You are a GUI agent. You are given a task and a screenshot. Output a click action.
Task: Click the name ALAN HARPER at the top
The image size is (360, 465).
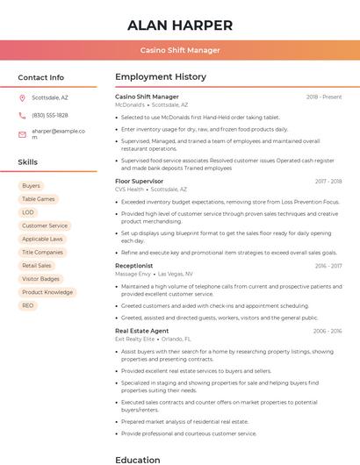click(x=180, y=25)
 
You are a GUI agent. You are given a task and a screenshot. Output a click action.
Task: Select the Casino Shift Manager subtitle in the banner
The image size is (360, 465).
click(x=180, y=50)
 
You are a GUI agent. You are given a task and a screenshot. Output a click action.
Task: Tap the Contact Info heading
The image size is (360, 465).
click(x=40, y=77)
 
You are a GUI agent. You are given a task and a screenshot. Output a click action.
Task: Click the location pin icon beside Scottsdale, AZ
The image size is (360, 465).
click(x=22, y=98)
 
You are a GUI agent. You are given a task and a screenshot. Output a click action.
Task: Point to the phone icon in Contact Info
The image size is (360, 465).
click(x=22, y=115)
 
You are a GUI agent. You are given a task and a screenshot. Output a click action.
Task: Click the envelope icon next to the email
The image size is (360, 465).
click(x=22, y=134)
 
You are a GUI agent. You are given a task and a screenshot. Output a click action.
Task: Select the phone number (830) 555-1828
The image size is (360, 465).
click(x=50, y=115)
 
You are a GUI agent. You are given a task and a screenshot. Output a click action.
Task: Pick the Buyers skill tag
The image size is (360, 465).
click(x=31, y=186)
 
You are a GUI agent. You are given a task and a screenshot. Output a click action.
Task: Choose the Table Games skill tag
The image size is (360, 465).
click(x=38, y=199)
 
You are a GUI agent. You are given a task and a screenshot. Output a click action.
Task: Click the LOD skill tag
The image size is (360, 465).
click(x=28, y=212)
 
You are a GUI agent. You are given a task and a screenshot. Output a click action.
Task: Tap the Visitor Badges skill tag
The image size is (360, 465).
click(x=40, y=279)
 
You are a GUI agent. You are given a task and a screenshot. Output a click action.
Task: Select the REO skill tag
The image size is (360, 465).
click(x=28, y=305)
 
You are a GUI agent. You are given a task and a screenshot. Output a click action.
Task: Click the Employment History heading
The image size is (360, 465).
click(x=161, y=77)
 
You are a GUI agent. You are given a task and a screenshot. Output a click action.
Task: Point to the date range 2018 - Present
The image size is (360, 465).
click(x=324, y=97)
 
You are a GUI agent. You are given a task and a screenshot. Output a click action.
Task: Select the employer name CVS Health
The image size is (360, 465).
click(x=129, y=189)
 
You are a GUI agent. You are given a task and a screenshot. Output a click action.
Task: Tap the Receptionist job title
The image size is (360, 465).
click(x=133, y=265)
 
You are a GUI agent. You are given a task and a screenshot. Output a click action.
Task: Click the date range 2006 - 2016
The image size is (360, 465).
click(x=327, y=331)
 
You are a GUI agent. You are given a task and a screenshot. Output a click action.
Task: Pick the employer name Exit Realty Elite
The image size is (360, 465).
click(x=135, y=339)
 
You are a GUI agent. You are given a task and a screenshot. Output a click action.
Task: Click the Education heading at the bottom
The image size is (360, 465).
click(x=139, y=459)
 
